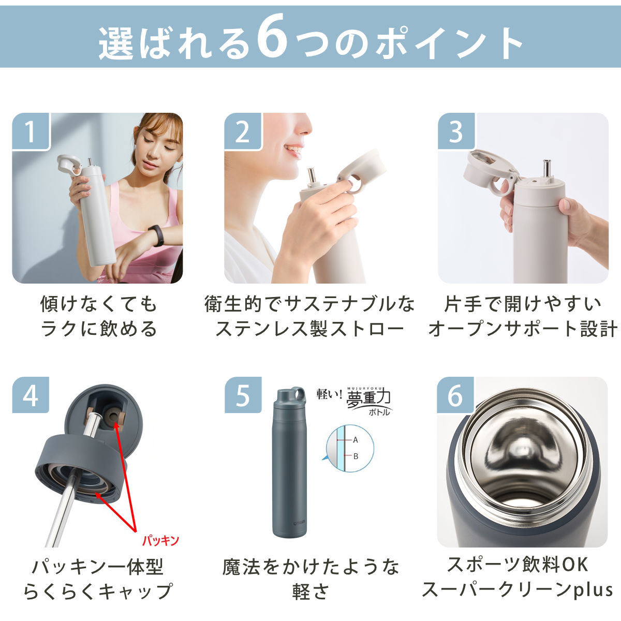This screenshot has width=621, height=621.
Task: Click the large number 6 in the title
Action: pyautogui.click(x=272, y=36)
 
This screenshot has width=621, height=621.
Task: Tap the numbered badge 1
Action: pyautogui.click(x=31, y=131)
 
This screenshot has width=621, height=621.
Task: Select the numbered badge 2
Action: pyautogui.click(x=243, y=131)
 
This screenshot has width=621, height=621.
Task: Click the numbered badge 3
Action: pyautogui.click(x=456, y=131)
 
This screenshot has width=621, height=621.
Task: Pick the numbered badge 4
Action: pyautogui.click(x=31, y=395)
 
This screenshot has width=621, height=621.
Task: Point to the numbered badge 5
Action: pyautogui.click(x=243, y=395)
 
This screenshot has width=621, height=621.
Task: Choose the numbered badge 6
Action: pyautogui.click(x=455, y=395)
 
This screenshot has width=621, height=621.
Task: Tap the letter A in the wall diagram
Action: pyautogui.click(x=356, y=440)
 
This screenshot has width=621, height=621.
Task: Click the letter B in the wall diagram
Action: pyautogui.click(x=356, y=456)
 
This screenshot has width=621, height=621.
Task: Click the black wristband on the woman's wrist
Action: pyautogui.click(x=157, y=235)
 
